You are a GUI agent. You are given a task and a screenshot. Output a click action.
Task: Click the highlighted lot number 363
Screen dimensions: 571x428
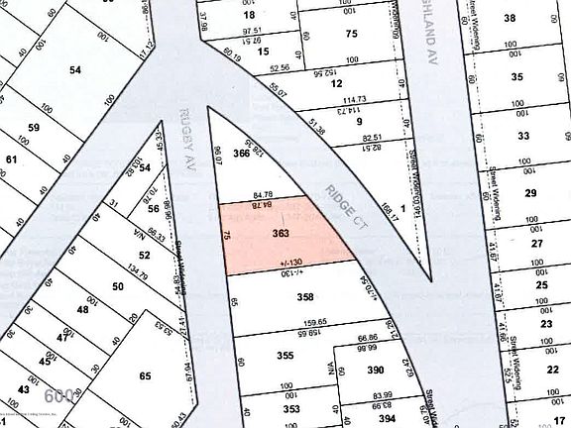pos(280,232)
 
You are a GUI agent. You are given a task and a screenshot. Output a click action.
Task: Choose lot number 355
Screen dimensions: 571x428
pos(285,356)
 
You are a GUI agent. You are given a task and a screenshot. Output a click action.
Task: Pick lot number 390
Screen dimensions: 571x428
pos(376,370)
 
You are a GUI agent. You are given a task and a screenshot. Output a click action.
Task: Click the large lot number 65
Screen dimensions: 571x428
pos(145,375)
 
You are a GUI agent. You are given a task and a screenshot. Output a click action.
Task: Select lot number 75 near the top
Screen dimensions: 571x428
pos(350,34)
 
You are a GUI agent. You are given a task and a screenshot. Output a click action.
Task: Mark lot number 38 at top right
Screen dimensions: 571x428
pos(511,18)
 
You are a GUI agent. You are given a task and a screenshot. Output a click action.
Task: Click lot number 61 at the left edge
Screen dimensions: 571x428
pos(11,159)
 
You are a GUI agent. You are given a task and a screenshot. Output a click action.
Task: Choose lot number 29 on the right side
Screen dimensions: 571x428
pos(531,192)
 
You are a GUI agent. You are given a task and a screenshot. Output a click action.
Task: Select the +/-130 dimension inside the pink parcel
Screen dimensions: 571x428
pos(289,262)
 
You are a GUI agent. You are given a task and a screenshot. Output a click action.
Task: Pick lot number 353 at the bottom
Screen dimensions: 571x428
pos(291,407)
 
